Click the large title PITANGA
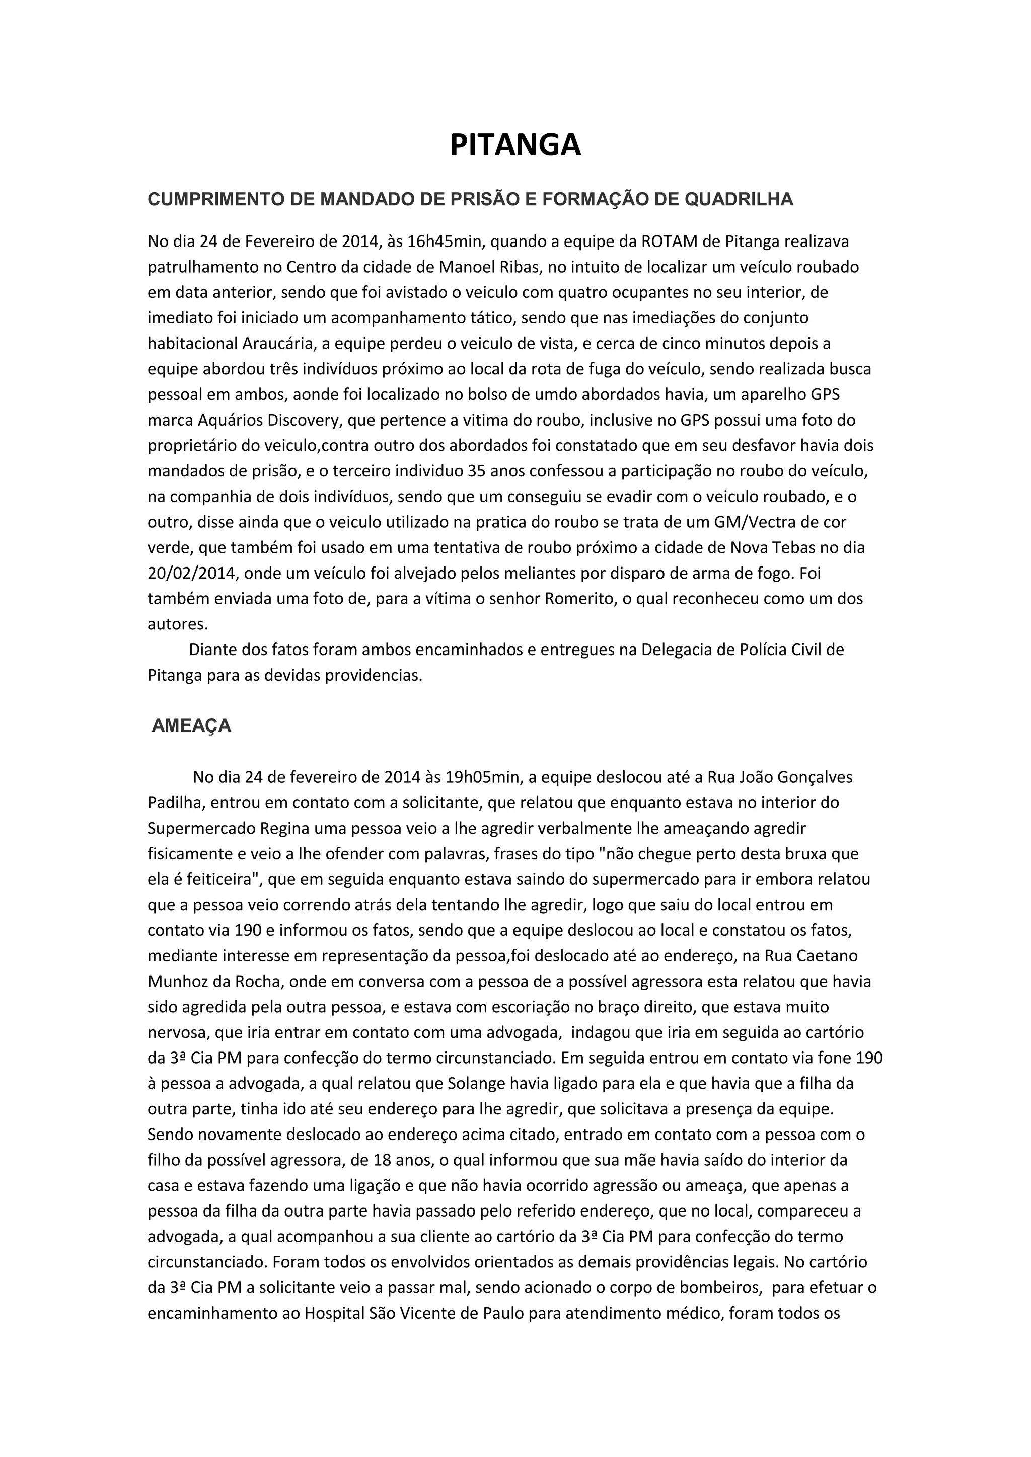point(515,145)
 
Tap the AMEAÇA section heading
point(191,726)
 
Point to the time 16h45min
point(443,242)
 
